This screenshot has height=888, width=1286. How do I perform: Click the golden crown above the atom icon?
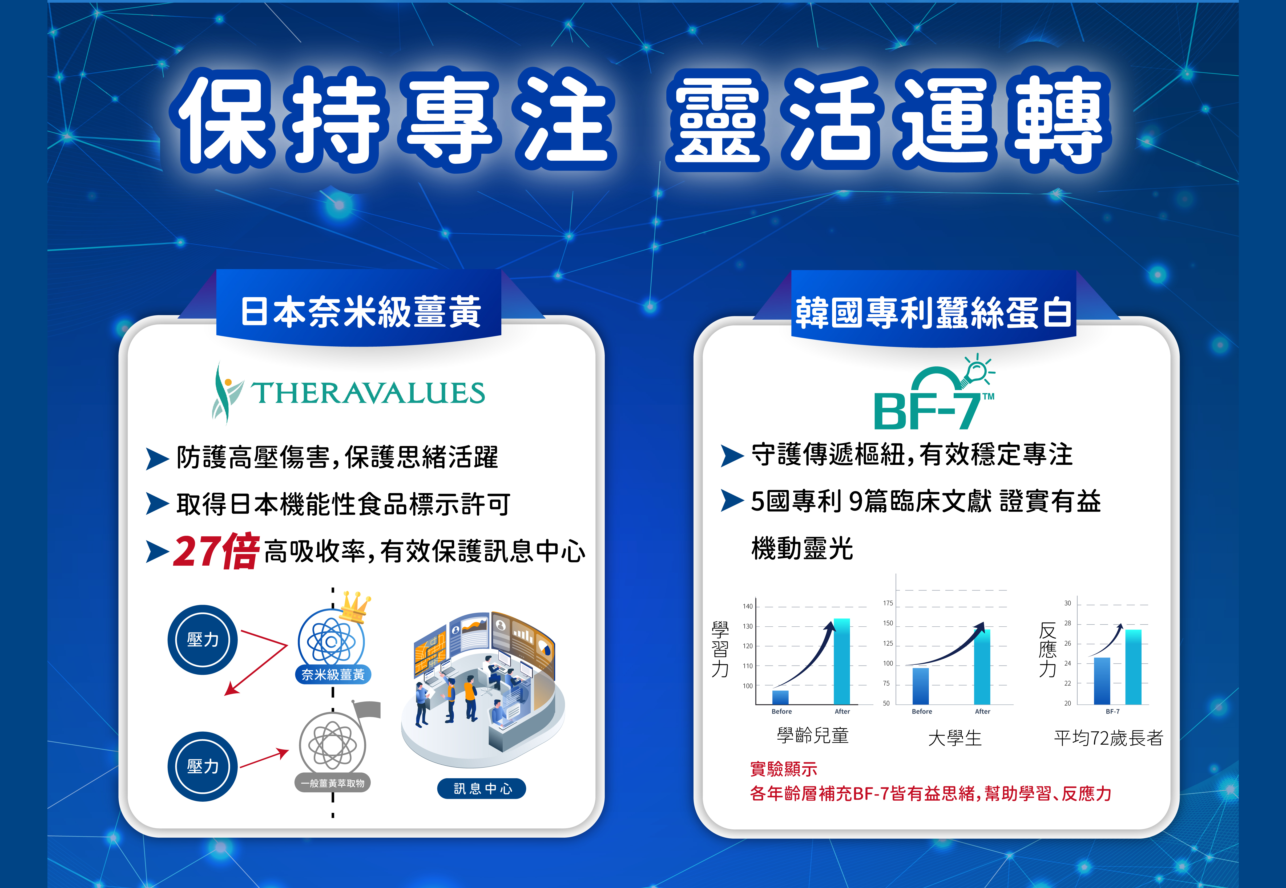coord(354,607)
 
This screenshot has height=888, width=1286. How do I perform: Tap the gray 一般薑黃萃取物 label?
coord(333,783)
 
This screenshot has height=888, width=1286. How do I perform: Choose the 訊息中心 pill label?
coord(482,788)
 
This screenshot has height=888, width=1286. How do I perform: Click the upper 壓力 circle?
coord(203,640)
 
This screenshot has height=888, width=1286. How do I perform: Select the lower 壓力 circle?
coord(203,766)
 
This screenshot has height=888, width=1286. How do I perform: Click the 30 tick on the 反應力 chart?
coord(1067,603)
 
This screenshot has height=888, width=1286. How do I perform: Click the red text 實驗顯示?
coord(784,769)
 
